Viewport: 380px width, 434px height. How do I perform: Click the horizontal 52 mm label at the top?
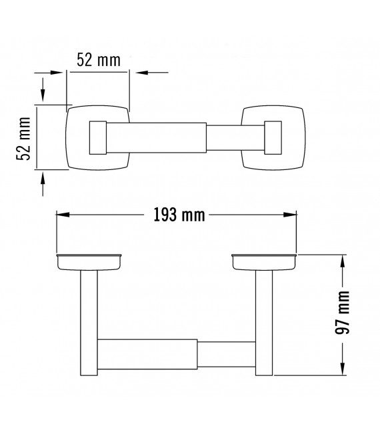click(x=98, y=60)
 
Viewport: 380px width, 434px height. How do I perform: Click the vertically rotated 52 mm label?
click(x=25, y=139)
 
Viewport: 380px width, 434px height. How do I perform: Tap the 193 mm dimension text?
click(x=175, y=215)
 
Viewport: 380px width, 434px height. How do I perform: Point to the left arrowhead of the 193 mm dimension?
click(x=62, y=214)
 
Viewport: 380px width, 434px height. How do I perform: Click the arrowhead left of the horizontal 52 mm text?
click(x=59, y=72)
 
